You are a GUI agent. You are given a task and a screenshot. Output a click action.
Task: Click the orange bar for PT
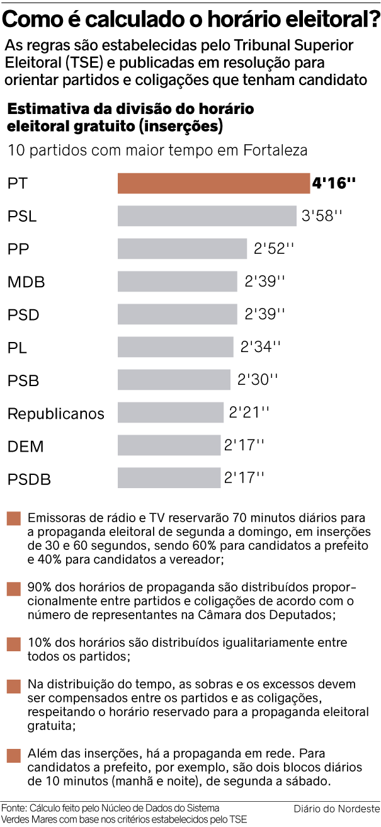213,183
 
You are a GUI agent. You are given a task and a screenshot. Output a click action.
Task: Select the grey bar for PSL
207,216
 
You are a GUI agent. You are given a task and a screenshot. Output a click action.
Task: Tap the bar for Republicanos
171,413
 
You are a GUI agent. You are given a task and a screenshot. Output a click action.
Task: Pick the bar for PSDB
169,478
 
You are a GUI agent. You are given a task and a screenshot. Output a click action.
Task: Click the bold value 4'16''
334,184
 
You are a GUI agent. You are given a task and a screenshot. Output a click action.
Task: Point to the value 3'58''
322,216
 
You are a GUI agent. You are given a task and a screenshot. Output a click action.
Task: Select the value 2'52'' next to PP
274,249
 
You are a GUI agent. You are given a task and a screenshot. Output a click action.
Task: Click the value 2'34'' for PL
261,347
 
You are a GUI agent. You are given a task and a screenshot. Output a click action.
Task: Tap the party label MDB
26,282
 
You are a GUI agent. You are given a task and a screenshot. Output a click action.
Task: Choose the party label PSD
25,315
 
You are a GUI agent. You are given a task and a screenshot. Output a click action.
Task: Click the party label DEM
25,447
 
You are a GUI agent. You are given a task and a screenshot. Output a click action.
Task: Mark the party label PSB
24,380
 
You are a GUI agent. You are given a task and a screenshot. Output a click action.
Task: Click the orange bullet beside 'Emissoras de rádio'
14,519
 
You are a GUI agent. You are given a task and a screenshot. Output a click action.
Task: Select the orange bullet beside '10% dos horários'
14,644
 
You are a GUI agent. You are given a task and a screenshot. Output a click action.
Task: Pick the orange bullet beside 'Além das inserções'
14,755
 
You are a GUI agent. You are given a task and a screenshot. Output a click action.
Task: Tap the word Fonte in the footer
13,807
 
